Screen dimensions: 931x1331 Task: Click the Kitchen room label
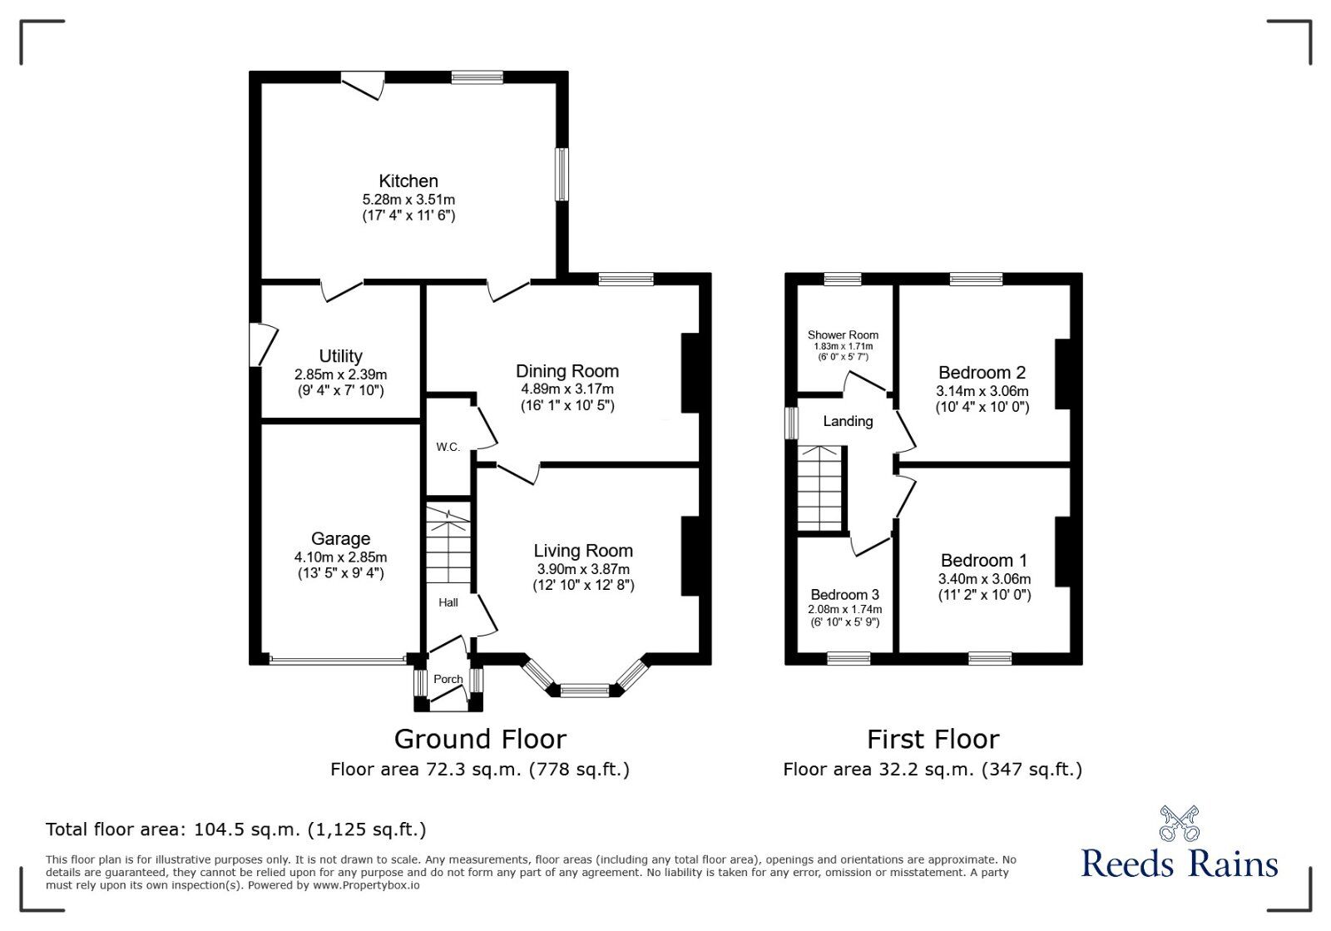pyautogui.click(x=408, y=181)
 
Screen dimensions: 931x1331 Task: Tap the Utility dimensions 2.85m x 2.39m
pyautogui.click(x=340, y=374)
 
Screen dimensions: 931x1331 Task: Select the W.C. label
pyautogui.click(x=448, y=447)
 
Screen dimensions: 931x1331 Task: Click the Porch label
pyautogui.click(x=448, y=679)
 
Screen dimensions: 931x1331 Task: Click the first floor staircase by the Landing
pyautogui.click(x=821, y=488)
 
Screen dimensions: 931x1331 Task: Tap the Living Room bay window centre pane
pyautogui.click(x=584, y=690)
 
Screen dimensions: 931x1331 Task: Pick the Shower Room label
pyautogui.click(x=843, y=334)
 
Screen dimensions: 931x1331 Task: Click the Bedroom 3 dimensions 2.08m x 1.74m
pyautogui.click(x=844, y=610)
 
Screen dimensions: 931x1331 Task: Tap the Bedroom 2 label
pyautogui.click(x=982, y=372)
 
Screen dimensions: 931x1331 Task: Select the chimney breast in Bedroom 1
pyautogui.click(x=1063, y=552)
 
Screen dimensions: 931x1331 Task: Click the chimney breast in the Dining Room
pyautogui.click(x=690, y=374)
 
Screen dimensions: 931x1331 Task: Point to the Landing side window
pyautogui.click(x=792, y=422)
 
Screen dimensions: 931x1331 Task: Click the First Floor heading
pyautogui.click(x=933, y=739)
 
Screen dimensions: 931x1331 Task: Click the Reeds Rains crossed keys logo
pyautogui.click(x=1179, y=823)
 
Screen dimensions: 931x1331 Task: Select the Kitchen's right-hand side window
pyautogui.click(x=562, y=175)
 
